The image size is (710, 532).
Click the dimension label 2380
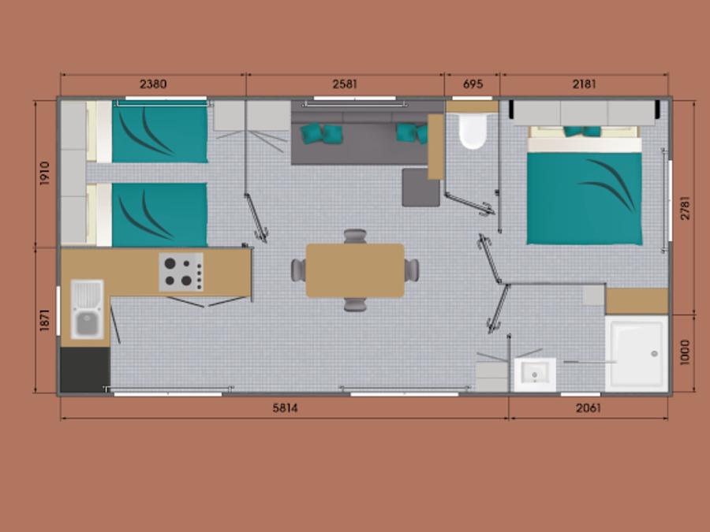click(x=153, y=84)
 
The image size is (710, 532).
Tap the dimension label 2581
click(x=345, y=84)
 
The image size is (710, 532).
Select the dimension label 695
click(x=473, y=84)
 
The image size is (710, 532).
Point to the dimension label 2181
click(x=584, y=84)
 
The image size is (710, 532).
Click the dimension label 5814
click(x=286, y=408)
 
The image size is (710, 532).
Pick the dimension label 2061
click(x=589, y=408)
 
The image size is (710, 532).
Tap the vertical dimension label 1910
click(x=44, y=173)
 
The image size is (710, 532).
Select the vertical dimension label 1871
click(x=44, y=320)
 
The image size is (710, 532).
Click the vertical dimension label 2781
click(x=685, y=208)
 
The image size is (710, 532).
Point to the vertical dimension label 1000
click(x=685, y=352)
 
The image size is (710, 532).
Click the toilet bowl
click(x=473, y=131)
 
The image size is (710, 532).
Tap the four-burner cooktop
click(x=181, y=272)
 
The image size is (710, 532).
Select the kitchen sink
click(x=88, y=310)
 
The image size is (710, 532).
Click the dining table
click(x=355, y=270)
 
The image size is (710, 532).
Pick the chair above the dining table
click(x=355, y=236)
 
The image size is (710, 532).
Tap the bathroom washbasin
click(x=535, y=374)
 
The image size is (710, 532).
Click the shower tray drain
click(x=654, y=354)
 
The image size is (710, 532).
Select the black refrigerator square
click(x=85, y=370)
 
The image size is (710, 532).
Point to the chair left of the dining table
click(x=298, y=270)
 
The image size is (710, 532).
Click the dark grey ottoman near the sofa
click(x=420, y=188)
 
